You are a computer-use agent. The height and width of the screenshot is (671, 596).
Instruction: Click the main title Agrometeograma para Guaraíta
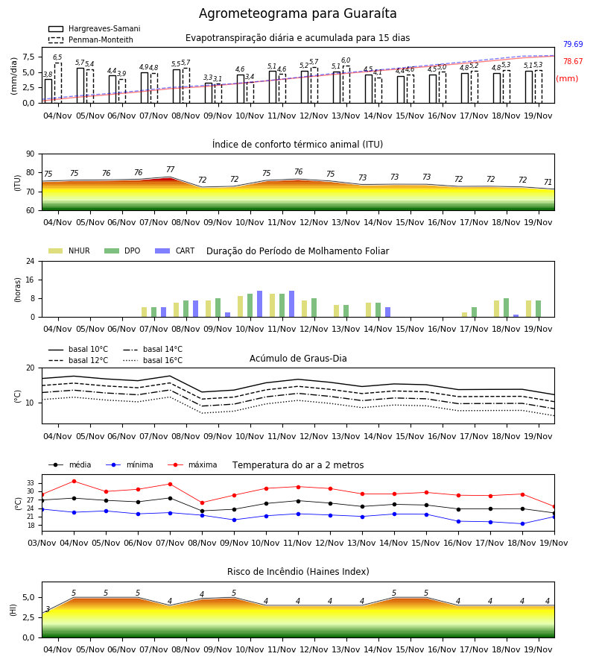297,13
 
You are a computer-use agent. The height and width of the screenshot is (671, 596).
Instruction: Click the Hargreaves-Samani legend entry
94,28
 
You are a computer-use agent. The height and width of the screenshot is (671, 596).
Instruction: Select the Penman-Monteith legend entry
91,40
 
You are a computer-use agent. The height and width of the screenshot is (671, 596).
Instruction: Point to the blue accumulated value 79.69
573,44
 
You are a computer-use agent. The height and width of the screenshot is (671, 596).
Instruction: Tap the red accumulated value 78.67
573,61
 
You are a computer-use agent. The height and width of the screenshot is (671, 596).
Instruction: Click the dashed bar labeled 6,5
57,83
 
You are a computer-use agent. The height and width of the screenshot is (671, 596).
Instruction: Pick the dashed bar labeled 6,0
346,85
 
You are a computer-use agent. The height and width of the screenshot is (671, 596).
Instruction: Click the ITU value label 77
170,169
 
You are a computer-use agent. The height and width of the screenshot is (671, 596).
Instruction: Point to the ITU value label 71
548,183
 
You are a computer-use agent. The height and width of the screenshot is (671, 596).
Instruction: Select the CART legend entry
174,251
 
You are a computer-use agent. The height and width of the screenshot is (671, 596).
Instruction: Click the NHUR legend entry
69,251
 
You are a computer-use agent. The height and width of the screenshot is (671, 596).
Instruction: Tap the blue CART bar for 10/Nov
259,304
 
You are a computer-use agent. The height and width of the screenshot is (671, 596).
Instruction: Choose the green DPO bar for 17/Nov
474,312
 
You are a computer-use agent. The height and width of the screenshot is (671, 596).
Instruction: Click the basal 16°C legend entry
153,360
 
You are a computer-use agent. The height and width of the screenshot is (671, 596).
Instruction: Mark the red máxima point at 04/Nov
74,481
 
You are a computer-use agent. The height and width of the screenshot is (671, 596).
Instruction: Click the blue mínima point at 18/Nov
522,524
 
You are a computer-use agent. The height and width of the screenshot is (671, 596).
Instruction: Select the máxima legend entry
192,464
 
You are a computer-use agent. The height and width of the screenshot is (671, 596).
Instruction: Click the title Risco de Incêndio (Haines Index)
298,572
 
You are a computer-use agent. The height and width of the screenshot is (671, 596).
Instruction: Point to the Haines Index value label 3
48,609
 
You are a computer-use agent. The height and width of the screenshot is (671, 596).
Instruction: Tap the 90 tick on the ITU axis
31,154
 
